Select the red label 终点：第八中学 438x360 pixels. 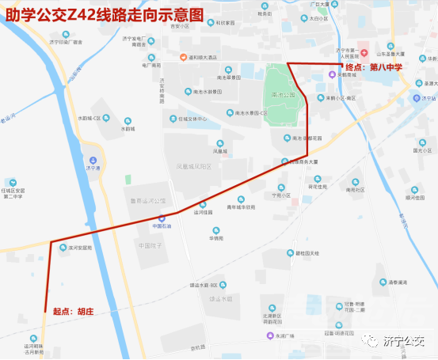(375, 68)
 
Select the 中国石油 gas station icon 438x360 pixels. (162, 218)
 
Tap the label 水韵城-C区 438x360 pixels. (90, 118)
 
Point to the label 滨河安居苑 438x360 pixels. (80, 248)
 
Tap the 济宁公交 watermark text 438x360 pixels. (405, 341)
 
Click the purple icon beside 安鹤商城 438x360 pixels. (332, 75)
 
